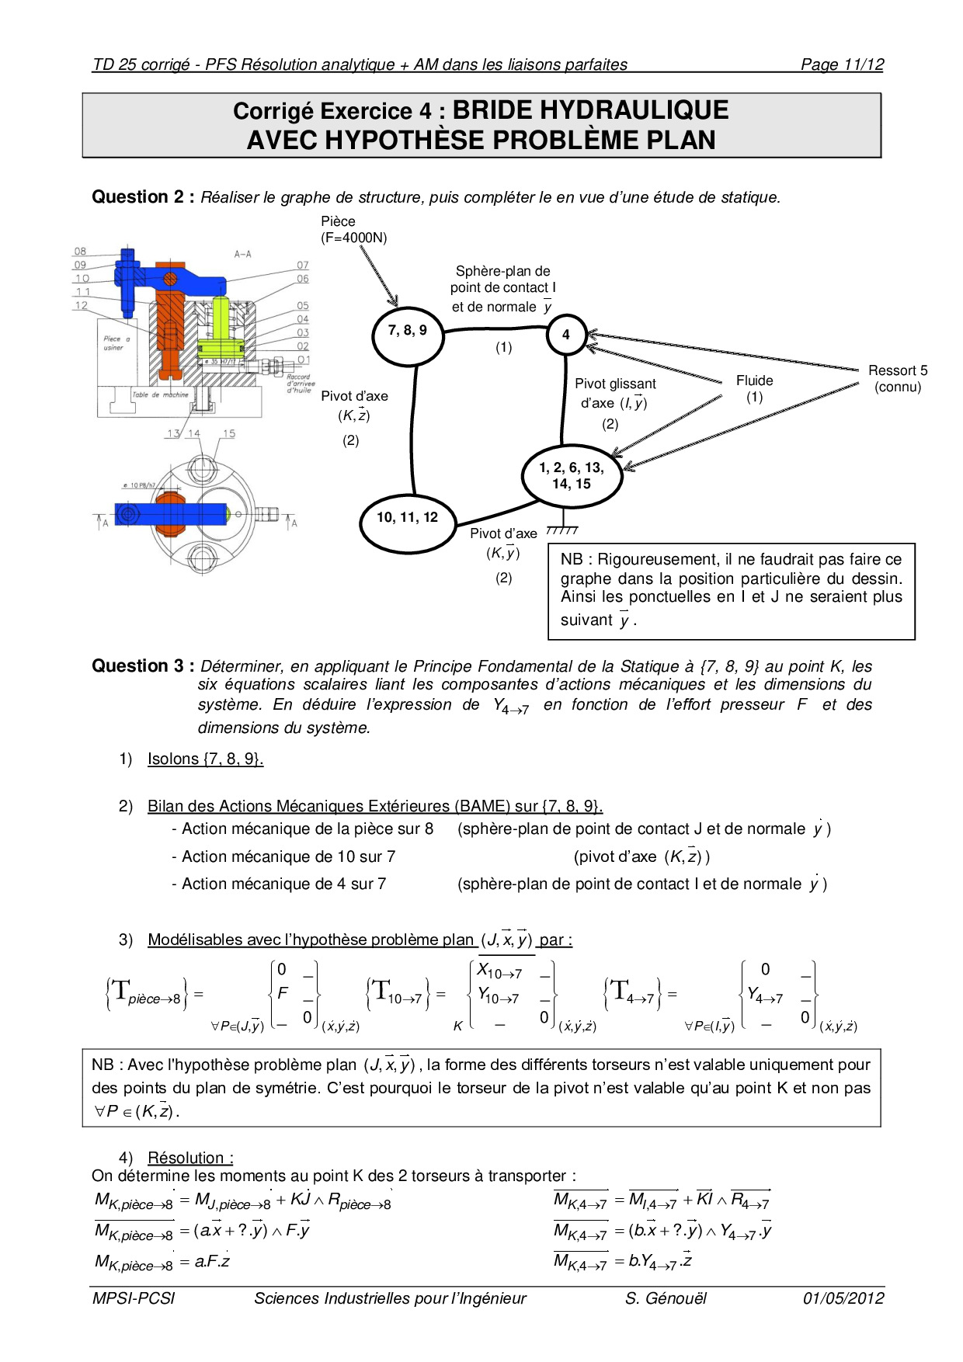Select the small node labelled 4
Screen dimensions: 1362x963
[566, 335]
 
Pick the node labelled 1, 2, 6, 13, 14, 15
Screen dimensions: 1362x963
[572, 476]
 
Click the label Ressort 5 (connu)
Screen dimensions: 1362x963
[898, 379]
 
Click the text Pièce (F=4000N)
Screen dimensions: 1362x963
[353, 230]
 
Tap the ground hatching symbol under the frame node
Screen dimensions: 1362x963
[562, 530]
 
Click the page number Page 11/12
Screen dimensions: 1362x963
[842, 64]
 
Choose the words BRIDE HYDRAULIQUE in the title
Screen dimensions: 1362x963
[590, 111]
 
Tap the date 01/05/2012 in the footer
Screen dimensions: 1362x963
[843, 1298]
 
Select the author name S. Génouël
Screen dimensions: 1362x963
[666, 1298]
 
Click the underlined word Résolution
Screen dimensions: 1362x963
[190, 1158]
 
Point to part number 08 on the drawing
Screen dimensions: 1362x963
[81, 252]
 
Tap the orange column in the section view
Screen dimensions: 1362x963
[169, 326]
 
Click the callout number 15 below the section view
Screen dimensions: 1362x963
[229, 434]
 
